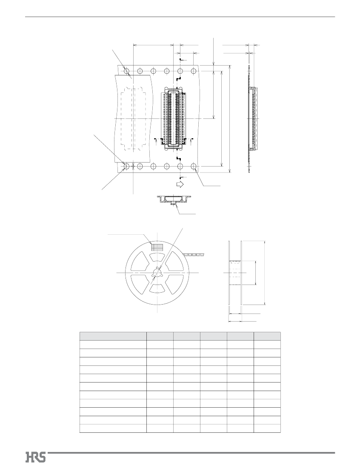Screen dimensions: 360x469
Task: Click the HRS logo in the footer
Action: pos(36,457)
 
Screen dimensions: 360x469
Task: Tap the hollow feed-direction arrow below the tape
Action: pos(180,184)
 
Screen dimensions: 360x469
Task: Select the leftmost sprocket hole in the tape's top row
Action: pos(127,71)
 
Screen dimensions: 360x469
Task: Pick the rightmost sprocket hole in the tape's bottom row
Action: pos(194,166)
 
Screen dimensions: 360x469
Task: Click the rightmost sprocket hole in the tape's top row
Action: pos(194,71)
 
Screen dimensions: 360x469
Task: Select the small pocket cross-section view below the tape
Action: pos(174,200)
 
